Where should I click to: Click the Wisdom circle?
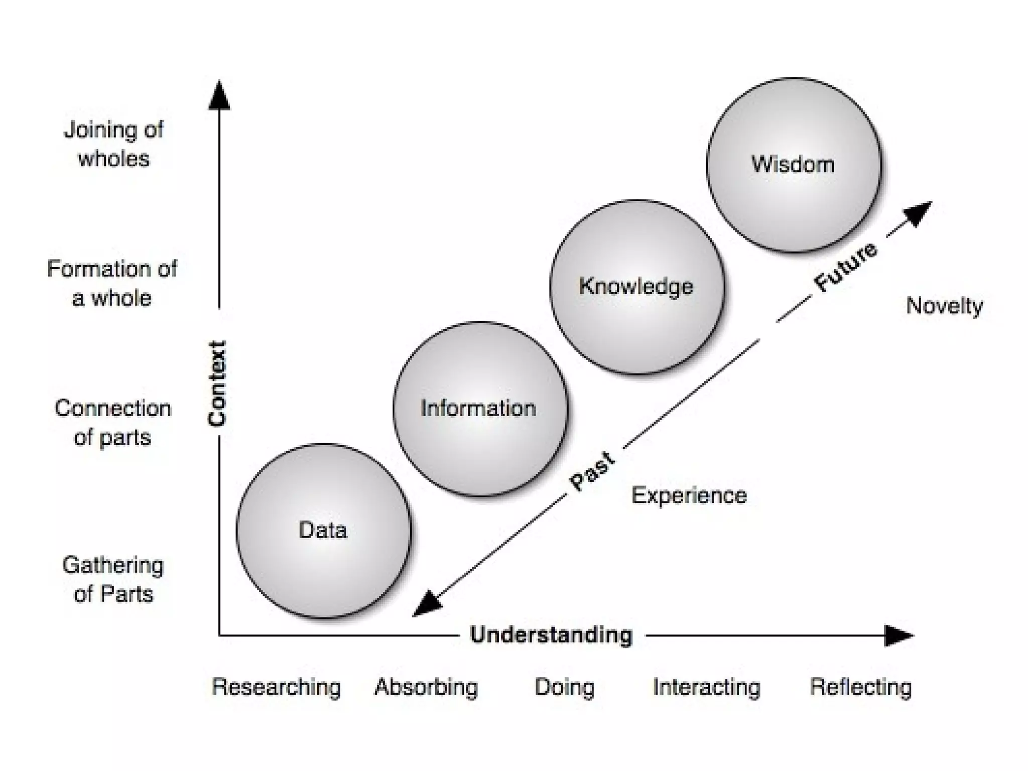[x=794, y=165]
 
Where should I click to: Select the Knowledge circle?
[x=636, y=287]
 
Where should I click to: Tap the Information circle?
[x=479, y=409]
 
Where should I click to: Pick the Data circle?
[x=323, y=531]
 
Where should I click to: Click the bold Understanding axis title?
[x=551, y=635]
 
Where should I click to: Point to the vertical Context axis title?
[x=218, y=383]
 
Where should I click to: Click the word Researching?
[x=276, y=687]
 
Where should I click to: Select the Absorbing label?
[x=426, y=687]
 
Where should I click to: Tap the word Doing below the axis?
[x=564, y=687]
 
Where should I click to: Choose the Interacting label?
[x=706, y=687]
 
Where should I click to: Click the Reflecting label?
[x=861, y=687]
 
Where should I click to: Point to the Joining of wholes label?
[x=114, y=144]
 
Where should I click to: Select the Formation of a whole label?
[x=112, y=283]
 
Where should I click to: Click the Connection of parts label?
[x=113, y=423]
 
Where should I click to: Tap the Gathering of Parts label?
[x=113, y=579]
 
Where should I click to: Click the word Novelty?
[x=944, y=306]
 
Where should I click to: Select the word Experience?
[x=689, y=495]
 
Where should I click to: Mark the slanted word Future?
[x=846, y=267]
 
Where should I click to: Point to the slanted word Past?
[x=592, y=471]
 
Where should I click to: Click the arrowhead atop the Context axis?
[x=219, y=95]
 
